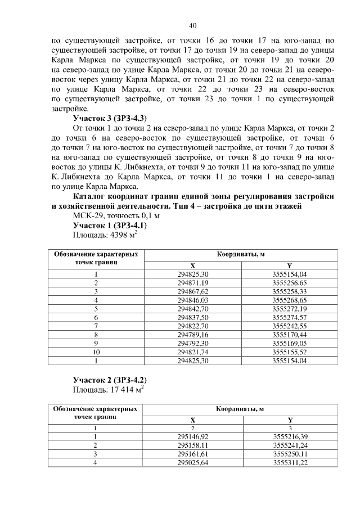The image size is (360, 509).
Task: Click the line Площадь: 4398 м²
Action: coord(106,235)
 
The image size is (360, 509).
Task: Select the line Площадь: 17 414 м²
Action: coord(109,389)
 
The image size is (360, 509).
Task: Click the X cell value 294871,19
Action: coord(193,282)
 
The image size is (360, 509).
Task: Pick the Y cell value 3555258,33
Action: coord(289,291)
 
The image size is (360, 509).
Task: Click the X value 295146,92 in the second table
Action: coord(193,436)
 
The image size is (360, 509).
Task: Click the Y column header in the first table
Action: coord(289,265)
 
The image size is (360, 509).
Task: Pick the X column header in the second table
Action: coord(193,419)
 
